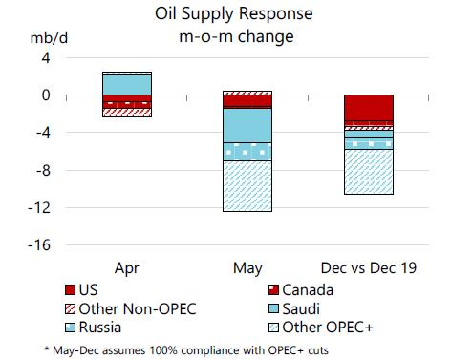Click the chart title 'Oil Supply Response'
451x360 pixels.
pyautogui.click(x=225, y=14)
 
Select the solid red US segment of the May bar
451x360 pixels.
pyautogui.click(x=247, y=101)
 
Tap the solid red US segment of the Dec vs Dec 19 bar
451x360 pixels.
pyautogui.click(x=368, y=108)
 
